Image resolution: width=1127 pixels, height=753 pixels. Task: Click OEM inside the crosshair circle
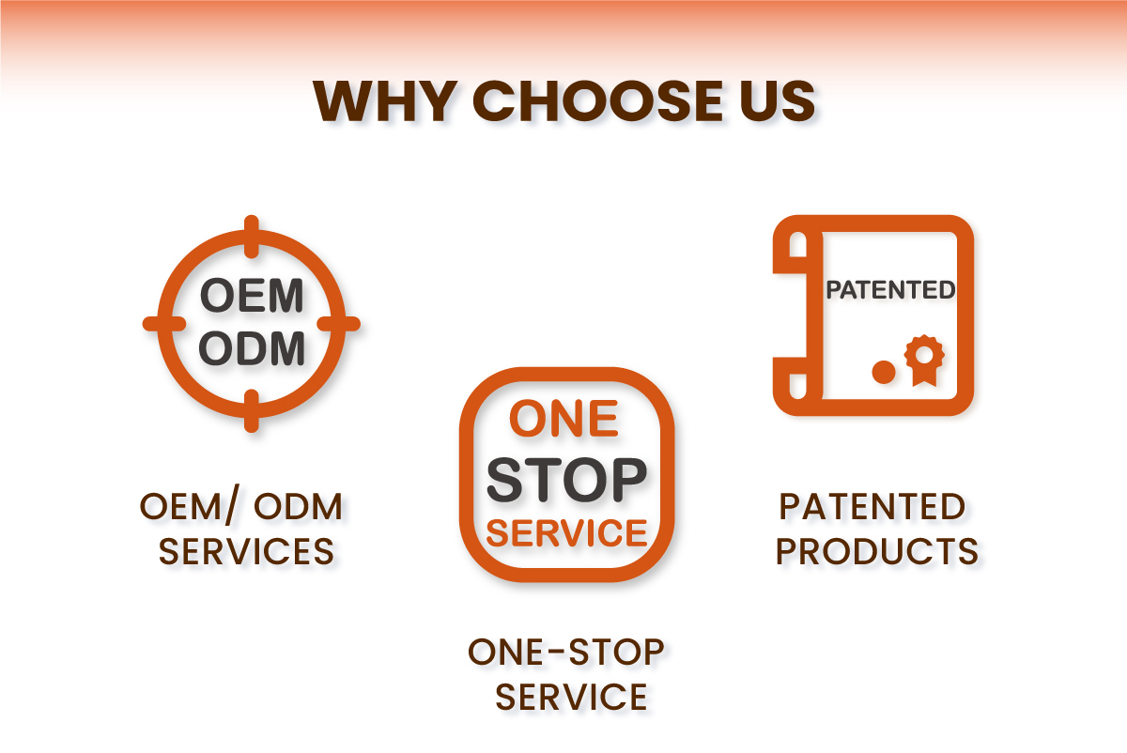(x=252, y=297)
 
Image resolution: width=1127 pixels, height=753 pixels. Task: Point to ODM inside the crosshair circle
(x=252, y=349)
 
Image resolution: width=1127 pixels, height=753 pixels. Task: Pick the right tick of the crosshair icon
(x=342, y=323)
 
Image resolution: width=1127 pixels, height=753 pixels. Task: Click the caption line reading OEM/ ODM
(x=242, y=507)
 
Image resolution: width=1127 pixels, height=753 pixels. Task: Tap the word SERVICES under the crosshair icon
(x=246, y=551)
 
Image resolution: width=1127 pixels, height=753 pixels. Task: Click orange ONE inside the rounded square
(x=564, y=420)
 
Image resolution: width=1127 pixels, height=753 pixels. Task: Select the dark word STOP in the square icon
(x=566, y=480)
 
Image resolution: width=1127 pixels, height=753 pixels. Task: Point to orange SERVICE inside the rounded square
(x=567, y=533)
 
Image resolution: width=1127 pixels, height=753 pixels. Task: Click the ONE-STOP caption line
(x=566, y=652)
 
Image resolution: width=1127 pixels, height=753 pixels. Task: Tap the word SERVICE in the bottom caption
(x=571, y=697)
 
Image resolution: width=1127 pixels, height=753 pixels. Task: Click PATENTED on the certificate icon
(x=889, y=290)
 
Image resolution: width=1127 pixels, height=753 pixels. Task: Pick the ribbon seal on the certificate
(x=924, y=360)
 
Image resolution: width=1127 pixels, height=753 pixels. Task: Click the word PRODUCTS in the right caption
(x=877, y=551)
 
